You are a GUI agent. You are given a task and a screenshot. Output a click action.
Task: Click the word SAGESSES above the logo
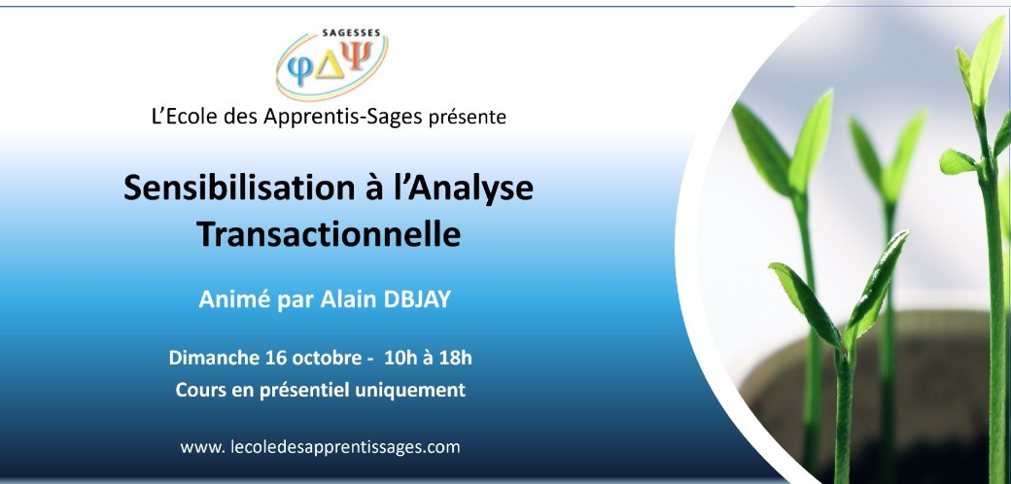pos(351,32)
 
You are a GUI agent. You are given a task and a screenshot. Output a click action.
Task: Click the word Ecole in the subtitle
pos(189,117)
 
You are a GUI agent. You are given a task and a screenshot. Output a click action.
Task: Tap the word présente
pos(468,118)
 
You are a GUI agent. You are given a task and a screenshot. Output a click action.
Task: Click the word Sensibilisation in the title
pos(235,189)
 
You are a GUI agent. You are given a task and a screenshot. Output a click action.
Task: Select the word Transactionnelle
pos(329,234)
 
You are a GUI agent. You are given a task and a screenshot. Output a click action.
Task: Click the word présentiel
pos(303,391)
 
